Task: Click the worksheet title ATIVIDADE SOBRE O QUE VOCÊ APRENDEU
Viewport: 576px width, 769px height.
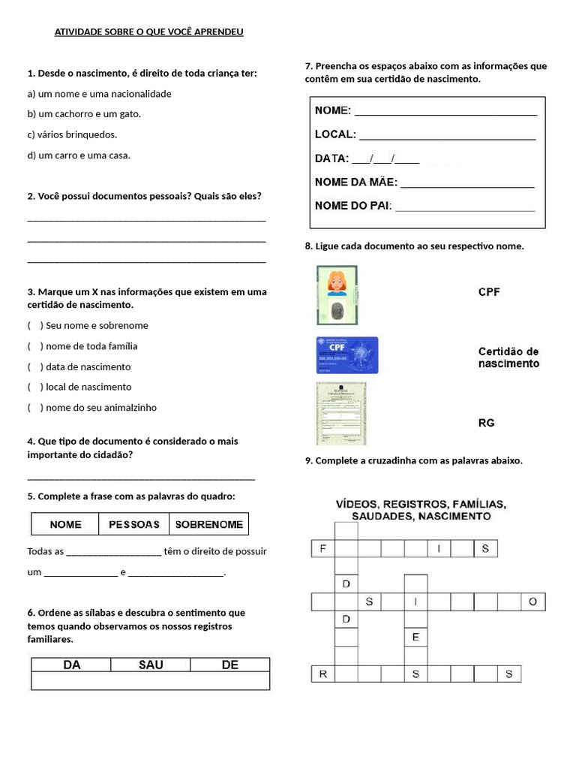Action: [x=148, y=32]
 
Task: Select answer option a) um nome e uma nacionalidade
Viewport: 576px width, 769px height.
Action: [x=99, y=94]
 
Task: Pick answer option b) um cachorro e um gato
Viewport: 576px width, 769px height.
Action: [x=84, y=114]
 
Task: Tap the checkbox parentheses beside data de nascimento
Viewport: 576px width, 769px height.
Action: [x=35, y=366]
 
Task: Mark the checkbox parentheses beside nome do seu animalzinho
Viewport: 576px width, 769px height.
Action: [x=35, y=408]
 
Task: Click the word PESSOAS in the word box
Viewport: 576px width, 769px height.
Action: [x=134, y=524]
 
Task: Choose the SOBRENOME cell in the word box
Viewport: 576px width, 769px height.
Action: [x=208, y=524]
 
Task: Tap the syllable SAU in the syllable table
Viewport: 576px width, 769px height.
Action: [x=151, y=665]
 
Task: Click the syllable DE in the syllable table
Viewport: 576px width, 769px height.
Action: [x=229, y=665]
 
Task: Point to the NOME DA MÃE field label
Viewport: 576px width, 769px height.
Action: [x=356, y=182]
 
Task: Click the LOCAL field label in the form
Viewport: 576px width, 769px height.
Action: [x=335, y=134]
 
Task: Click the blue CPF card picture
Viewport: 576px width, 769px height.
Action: [x=347, y=355]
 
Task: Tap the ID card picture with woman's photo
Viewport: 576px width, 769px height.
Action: [x=337, y=295]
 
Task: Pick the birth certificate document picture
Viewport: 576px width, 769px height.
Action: [x=341, y=413]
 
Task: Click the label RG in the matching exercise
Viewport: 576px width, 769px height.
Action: [x=487, y=423]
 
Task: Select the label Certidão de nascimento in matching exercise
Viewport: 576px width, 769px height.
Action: [x=508, y=357]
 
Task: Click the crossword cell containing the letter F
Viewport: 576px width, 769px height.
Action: [x=322, y=549]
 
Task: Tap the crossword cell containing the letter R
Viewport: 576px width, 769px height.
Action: [x=322, y=674]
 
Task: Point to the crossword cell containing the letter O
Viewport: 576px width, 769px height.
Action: [x=532, y=602]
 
